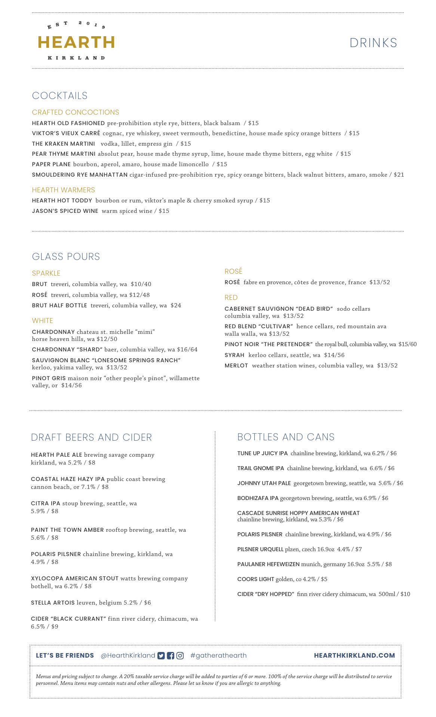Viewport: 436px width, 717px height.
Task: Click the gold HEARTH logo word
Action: (x=76, y=43)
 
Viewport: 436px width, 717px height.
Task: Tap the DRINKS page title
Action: (x=373, y=43)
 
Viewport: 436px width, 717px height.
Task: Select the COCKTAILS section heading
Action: (x=60, y=96)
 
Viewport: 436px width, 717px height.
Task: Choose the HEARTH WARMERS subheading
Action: (x=64, y=190)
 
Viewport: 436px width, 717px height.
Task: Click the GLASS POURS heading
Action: (x=66, y=257)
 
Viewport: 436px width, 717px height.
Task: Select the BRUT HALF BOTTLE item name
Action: (x=59, y=305)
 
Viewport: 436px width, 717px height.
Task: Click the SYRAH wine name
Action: (x=234, y=355)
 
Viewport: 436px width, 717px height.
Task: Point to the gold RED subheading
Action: (x=231, y=298)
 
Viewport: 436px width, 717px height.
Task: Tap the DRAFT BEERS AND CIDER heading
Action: (x=92, y=437)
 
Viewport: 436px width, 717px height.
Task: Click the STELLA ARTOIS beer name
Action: (x=53, y=602)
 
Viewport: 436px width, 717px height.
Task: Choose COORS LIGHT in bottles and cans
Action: (x=256, y=579)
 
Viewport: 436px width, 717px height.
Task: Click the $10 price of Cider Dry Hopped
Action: (x=405, y=594)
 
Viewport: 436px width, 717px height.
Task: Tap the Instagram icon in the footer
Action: (x=180, y=655)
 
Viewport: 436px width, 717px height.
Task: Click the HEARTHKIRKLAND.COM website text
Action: (x=354, y=655)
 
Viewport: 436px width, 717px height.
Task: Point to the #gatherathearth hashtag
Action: (x=218, y=655)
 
